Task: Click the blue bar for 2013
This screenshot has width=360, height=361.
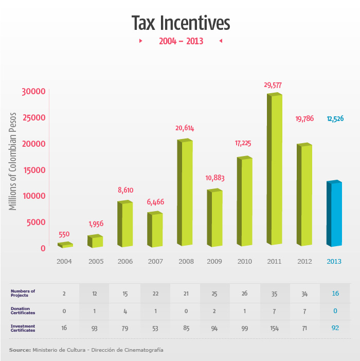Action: click(336, 214)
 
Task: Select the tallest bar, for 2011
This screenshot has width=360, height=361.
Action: click(276, 170)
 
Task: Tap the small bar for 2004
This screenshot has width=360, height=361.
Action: click(65, 245)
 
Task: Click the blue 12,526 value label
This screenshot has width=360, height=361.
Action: click(335, 119)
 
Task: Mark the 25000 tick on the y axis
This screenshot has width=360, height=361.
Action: click(34, 117)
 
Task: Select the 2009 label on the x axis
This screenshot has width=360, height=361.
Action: click(214, 262)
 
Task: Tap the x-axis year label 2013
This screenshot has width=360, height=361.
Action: click(335, 262)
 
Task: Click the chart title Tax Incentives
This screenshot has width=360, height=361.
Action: click(180, 23)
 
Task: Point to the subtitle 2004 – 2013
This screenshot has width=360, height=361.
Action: click(181, 41)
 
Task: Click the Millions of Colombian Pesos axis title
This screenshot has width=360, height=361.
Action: click(13, 161)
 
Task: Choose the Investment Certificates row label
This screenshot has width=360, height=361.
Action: click(24, 329)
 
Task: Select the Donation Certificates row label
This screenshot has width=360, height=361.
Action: click(24, 311)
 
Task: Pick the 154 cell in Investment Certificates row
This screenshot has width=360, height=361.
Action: click(275, 329)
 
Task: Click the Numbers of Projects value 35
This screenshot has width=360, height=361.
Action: click(275, 294)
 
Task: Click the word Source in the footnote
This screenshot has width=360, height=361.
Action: click(20, 350)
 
